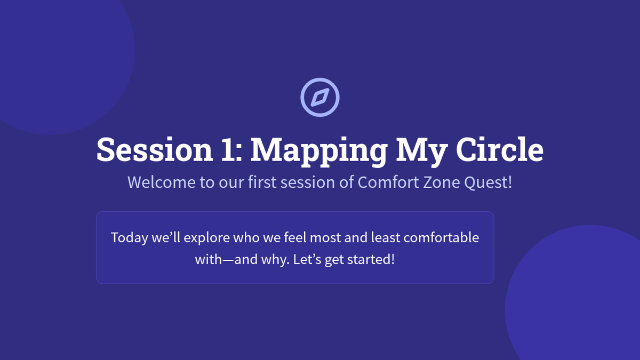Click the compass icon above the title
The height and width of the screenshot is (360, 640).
(x=320, y=98)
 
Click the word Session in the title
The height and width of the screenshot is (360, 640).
(x=155, y=149)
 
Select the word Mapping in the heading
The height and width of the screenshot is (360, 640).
(x=319, y=152)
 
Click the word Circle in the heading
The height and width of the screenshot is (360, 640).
(x=500, y=149)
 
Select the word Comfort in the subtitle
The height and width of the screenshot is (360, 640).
(x=388, y=182)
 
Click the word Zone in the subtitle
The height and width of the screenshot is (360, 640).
(x=442, y=182)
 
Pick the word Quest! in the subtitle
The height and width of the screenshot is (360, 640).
(x=488, y=182)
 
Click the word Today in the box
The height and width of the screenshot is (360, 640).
(x=130, y=238)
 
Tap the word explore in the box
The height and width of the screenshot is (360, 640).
(x=206, y=238)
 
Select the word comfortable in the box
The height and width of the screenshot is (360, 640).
(x=441, y=237)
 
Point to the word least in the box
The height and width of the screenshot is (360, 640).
(x=386, y=237)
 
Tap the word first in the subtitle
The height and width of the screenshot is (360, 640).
(x=262, y=182)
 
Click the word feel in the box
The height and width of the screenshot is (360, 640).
(x=295, y=237)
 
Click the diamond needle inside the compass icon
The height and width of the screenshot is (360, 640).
(x=320, y=98)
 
